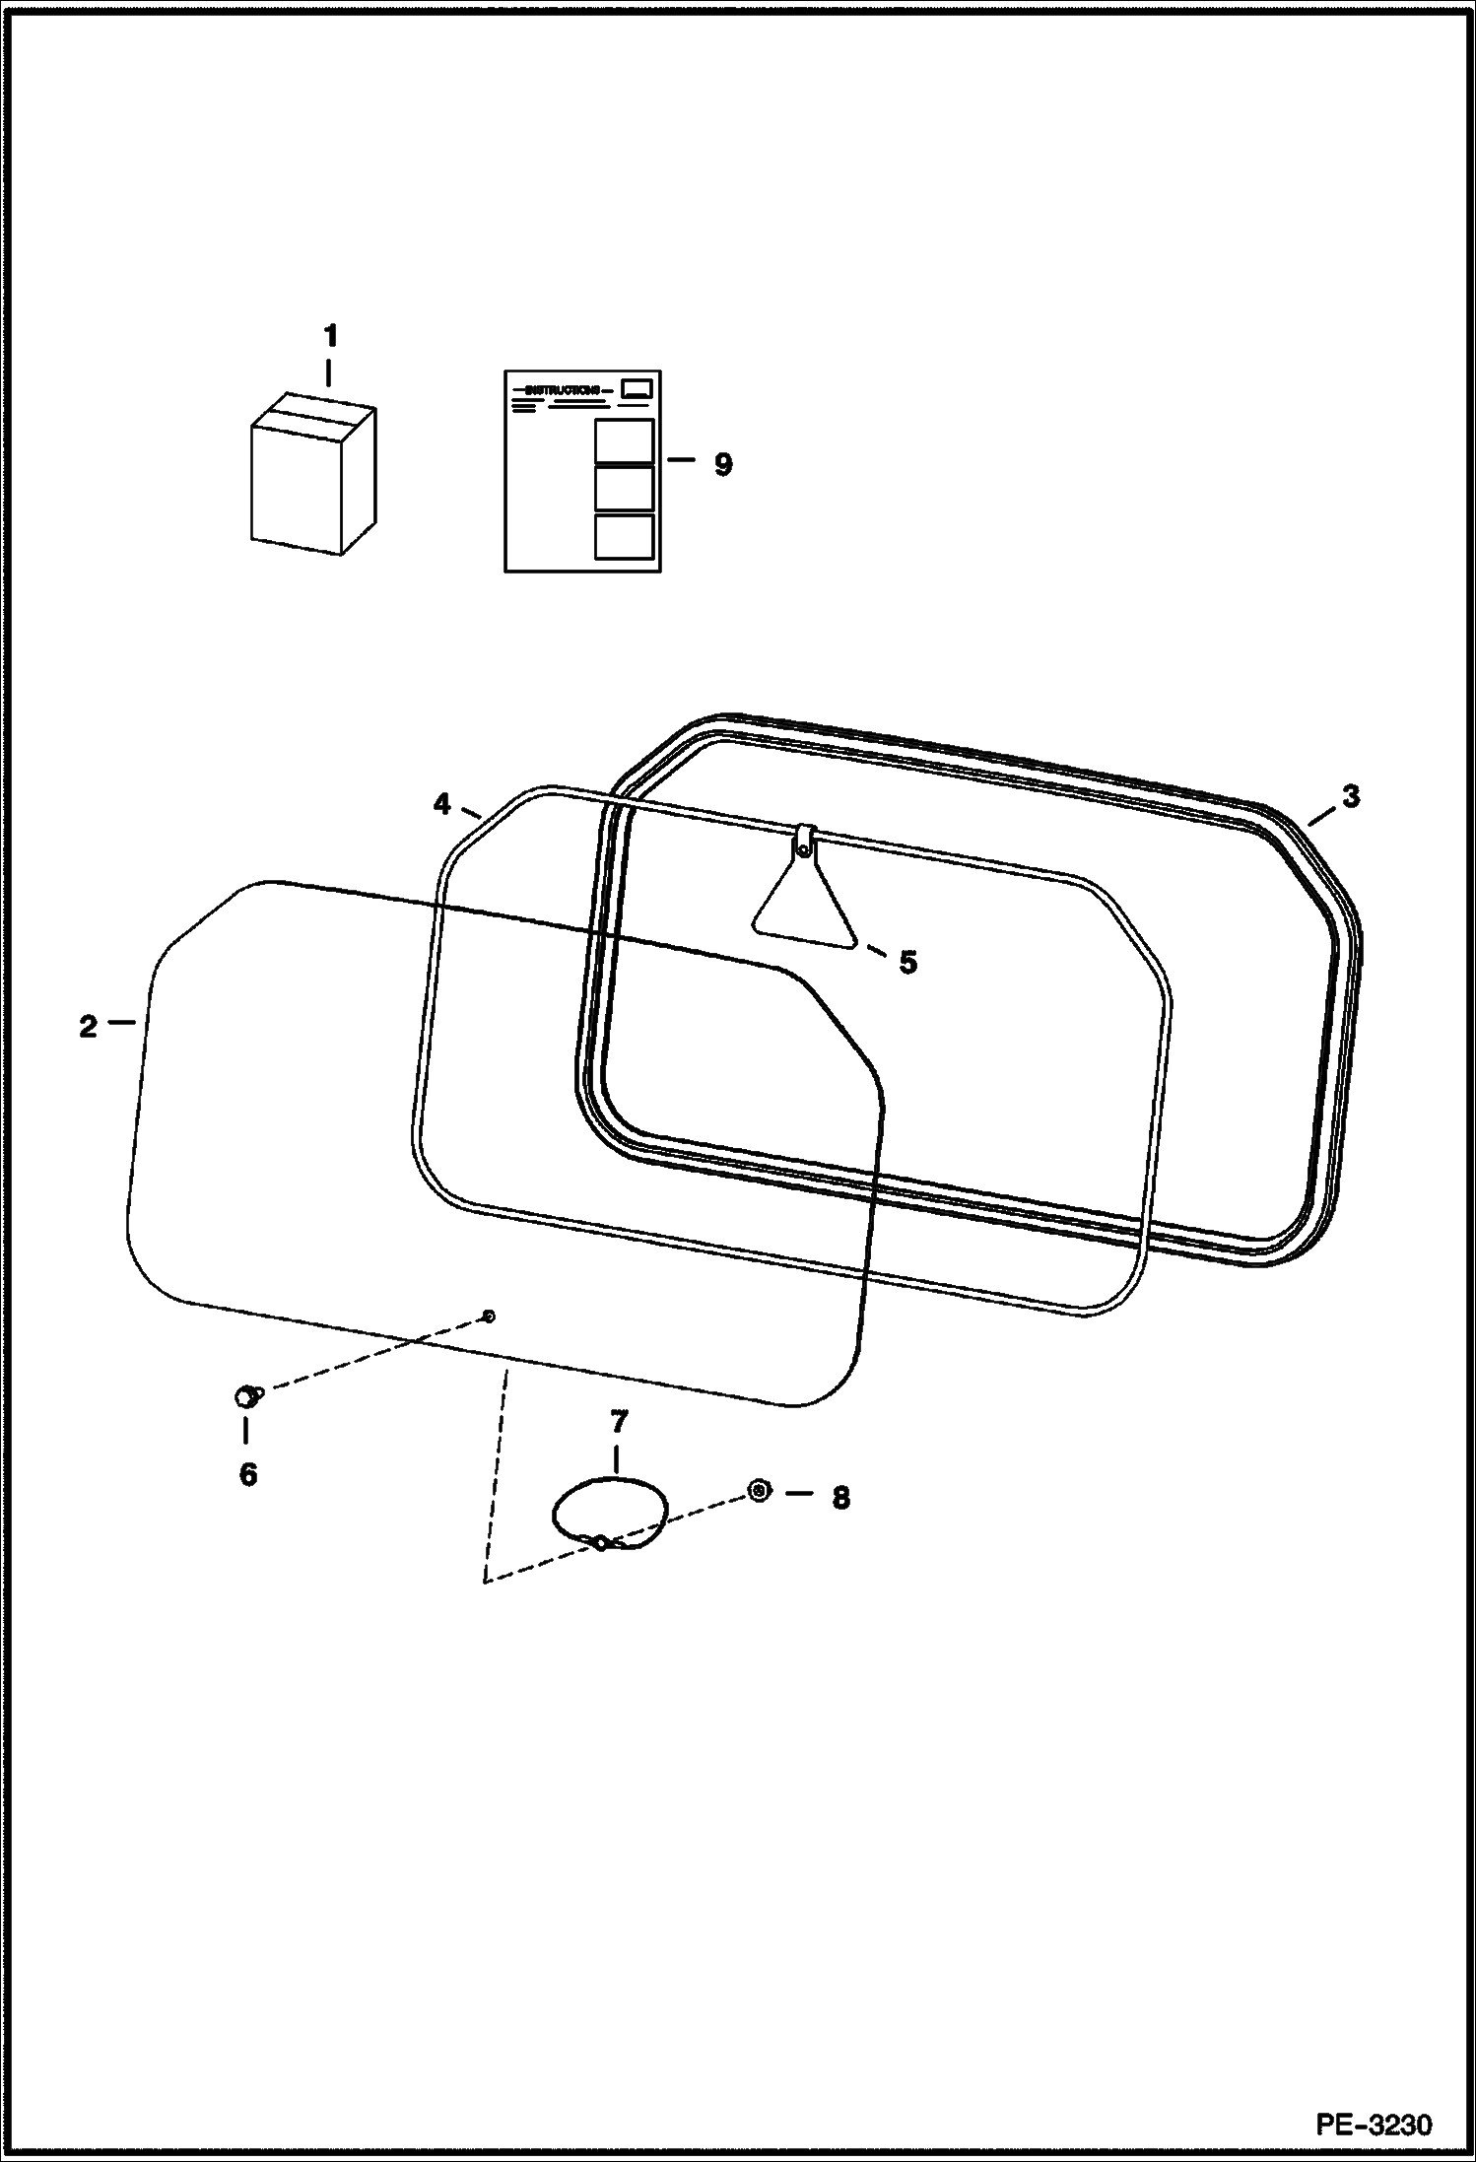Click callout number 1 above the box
tap(331, 337)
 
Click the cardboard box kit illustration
tap(312, 477)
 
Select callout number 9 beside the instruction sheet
tap(723, 465)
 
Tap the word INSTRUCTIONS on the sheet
tap(563, 391)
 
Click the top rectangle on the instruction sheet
tap(624, 440)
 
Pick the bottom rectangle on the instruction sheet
tap(624, 536)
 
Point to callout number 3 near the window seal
tap(1350, 796)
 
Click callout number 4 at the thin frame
tap(441, 805)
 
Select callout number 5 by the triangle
tap(907, 963)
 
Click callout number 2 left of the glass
tap(89, 1027)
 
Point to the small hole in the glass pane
tap(488, 1316)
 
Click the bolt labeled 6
tap(245, 1395)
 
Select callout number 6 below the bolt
tap(248, 1475)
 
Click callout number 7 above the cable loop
tap(618, 1422)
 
